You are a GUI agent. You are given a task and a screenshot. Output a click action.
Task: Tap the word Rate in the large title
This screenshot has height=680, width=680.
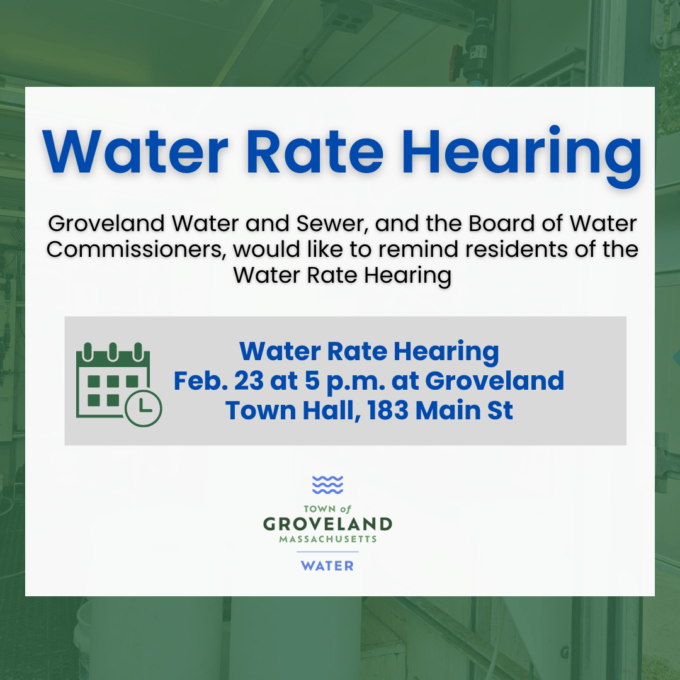pos(314,151)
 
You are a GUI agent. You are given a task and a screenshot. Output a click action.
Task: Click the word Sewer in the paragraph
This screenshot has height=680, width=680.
pos(332,224)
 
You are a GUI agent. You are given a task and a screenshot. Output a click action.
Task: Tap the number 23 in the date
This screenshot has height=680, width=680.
pos(249,381)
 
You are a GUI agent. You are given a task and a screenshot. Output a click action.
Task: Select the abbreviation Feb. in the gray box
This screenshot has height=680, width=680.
pos(200,381)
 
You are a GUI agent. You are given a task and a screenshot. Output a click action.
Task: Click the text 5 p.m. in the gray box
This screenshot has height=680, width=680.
pos(346,382)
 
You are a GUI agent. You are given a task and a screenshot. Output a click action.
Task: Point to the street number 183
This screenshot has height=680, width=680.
pos(388,411)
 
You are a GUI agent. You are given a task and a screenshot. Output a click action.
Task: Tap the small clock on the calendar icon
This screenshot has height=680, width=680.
pos(144,408)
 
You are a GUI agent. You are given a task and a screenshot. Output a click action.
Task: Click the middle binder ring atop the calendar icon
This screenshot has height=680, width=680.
pos(113,352)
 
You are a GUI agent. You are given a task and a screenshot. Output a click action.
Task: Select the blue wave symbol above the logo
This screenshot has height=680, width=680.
pos(327,485)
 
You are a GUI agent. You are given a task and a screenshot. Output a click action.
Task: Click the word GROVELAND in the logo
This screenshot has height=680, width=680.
pos(327,524)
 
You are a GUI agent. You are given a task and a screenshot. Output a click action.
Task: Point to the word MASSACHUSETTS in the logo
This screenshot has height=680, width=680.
pos(327,539)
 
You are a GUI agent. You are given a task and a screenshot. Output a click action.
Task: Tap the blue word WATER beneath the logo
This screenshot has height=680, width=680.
pos(327,566)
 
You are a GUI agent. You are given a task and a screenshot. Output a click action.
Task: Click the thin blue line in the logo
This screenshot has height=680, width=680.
pos(327,552)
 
